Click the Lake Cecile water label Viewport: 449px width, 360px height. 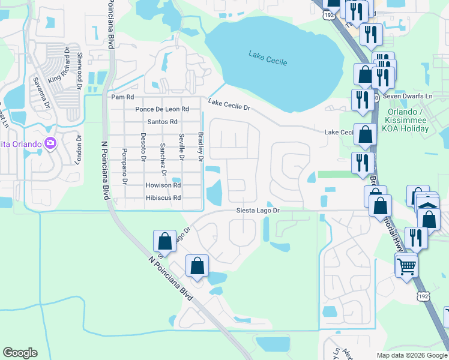click(x=268, y=58)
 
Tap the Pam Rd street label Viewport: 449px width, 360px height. click(x=122, y=97)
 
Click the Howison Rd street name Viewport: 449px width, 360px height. click(x=163, y=185)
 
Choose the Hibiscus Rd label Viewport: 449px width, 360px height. click(x=163, y=198)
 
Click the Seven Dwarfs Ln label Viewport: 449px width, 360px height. click(x=408, y=97)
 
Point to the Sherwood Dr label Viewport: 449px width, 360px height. click(x=79, y=65)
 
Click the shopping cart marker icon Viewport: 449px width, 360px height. click(x=406, y=265)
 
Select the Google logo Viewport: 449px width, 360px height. click(x=20, y=353)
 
